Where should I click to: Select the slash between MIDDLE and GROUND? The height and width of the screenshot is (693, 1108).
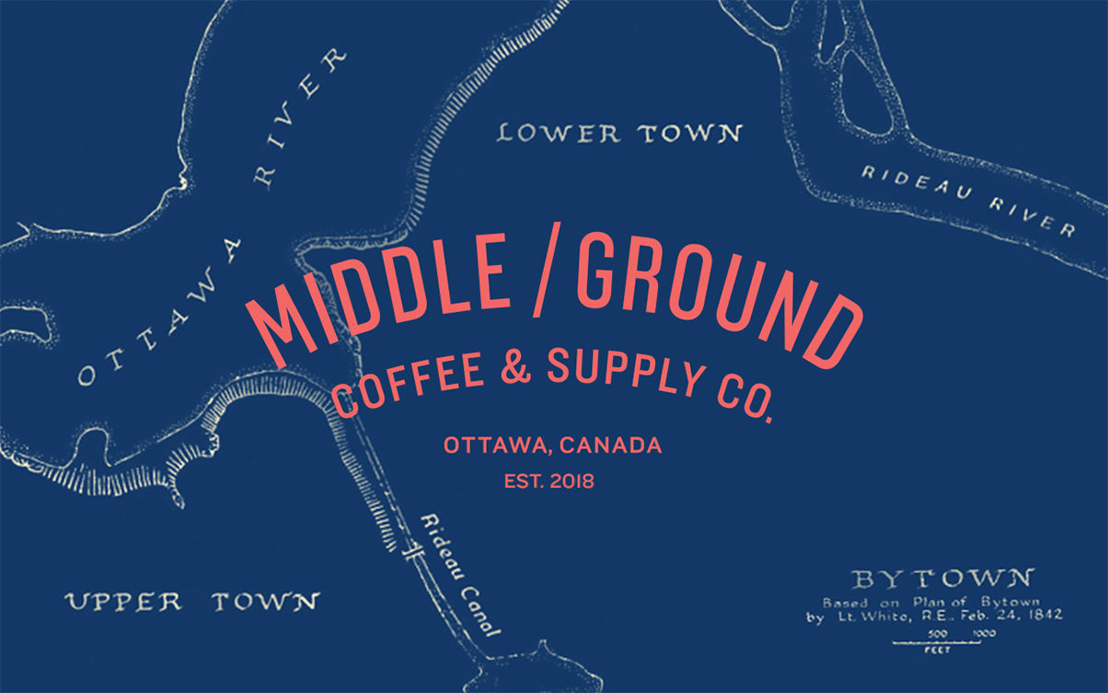point(548,272)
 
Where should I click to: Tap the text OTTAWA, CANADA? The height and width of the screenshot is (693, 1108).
point(552,446)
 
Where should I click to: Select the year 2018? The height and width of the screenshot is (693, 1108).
point(572,480)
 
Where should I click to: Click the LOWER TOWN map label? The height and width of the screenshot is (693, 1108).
point(619,133)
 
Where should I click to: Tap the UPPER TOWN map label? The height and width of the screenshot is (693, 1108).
point(191,603)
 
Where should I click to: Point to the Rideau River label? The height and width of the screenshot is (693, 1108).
point(967,201)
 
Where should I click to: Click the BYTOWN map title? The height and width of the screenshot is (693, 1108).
point(943,579)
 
